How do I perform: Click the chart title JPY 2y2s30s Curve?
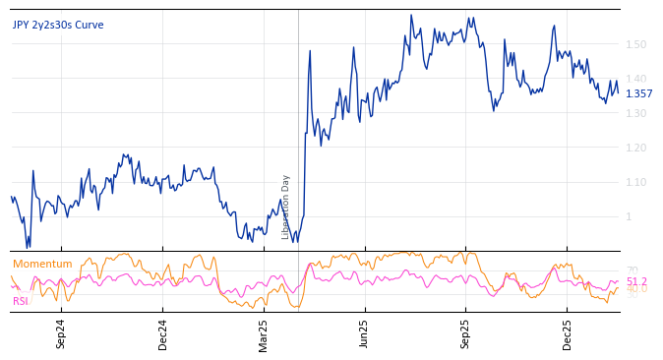click(x=58, y=26)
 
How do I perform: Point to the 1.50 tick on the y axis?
click(x=635, y=44)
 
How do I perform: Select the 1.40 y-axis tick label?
click(x=635, y=79)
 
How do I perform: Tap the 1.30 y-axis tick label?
click(x=635, y=113)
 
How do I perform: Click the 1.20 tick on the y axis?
click(x=635, y=148)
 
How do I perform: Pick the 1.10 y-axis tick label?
click(x=635, y=182)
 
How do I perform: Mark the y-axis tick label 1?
click(x=629, y=216)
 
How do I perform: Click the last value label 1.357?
click(x=638, y=94)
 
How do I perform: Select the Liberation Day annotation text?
click(x=286, y=207)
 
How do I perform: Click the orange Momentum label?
click(x=42, y=264)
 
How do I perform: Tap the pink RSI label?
click(x=20, y=301)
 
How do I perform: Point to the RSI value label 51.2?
click(x=636, y=281)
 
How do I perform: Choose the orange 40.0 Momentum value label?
click(x=636, y=290)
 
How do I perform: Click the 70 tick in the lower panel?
click(x=632, y=270)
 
